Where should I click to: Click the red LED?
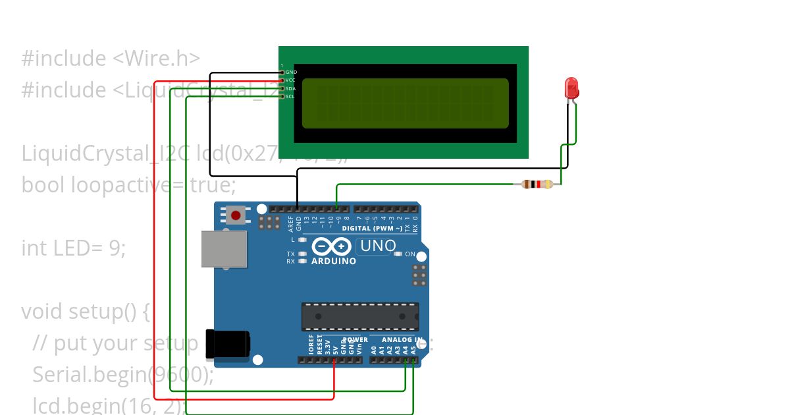point(571,88)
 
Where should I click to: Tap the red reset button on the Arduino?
point(235,215)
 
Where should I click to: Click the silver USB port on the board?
point(224,249)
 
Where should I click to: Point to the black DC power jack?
point(227,343)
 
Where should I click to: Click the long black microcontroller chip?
point(360,316)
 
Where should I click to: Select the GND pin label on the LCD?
point(291,72)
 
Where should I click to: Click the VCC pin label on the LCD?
point(290,80)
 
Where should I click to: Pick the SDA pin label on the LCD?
point(290,88)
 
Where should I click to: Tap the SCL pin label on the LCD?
point(290,96)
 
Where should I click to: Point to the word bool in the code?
point(43,184)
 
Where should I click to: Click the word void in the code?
point(42,311)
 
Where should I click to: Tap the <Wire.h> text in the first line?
point(157,58)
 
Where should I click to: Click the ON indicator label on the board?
point(410,254)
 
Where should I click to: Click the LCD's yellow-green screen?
point(406,103)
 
